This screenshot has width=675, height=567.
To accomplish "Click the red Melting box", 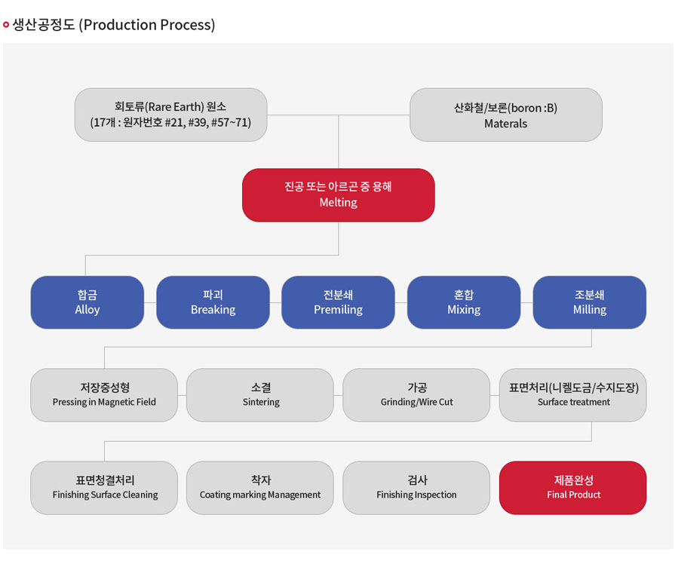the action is [339, 195].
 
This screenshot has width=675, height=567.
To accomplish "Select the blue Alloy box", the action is [87, 302].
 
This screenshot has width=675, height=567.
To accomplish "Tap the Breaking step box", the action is [213, 302].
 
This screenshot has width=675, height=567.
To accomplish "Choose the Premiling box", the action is [339, 302].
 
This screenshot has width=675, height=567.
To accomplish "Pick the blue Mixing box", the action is [464, 302].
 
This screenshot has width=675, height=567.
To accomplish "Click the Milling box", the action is [590, 302].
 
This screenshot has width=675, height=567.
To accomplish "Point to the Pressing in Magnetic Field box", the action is [104, 395].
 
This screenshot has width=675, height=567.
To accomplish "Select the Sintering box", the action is [260, 395].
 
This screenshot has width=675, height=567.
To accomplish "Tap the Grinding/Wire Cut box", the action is [416, 395].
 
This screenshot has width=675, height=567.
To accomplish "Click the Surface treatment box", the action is [573, 395].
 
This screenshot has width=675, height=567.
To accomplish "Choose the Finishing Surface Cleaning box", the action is [104, 488].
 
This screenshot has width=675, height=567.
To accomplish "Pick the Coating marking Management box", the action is [260, 488].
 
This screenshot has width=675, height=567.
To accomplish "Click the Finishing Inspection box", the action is [416, 488].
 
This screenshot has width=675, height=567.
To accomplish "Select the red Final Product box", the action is [573, 488].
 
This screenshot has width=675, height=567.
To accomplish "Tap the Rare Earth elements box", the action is [171, 115].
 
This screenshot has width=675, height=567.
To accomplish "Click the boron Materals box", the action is [506, 115].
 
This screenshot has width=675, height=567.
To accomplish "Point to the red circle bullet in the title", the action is [6, 25].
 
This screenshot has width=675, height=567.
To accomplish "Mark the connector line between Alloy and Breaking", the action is [150, 302].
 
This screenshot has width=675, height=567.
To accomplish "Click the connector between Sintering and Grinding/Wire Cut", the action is [338, 395].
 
